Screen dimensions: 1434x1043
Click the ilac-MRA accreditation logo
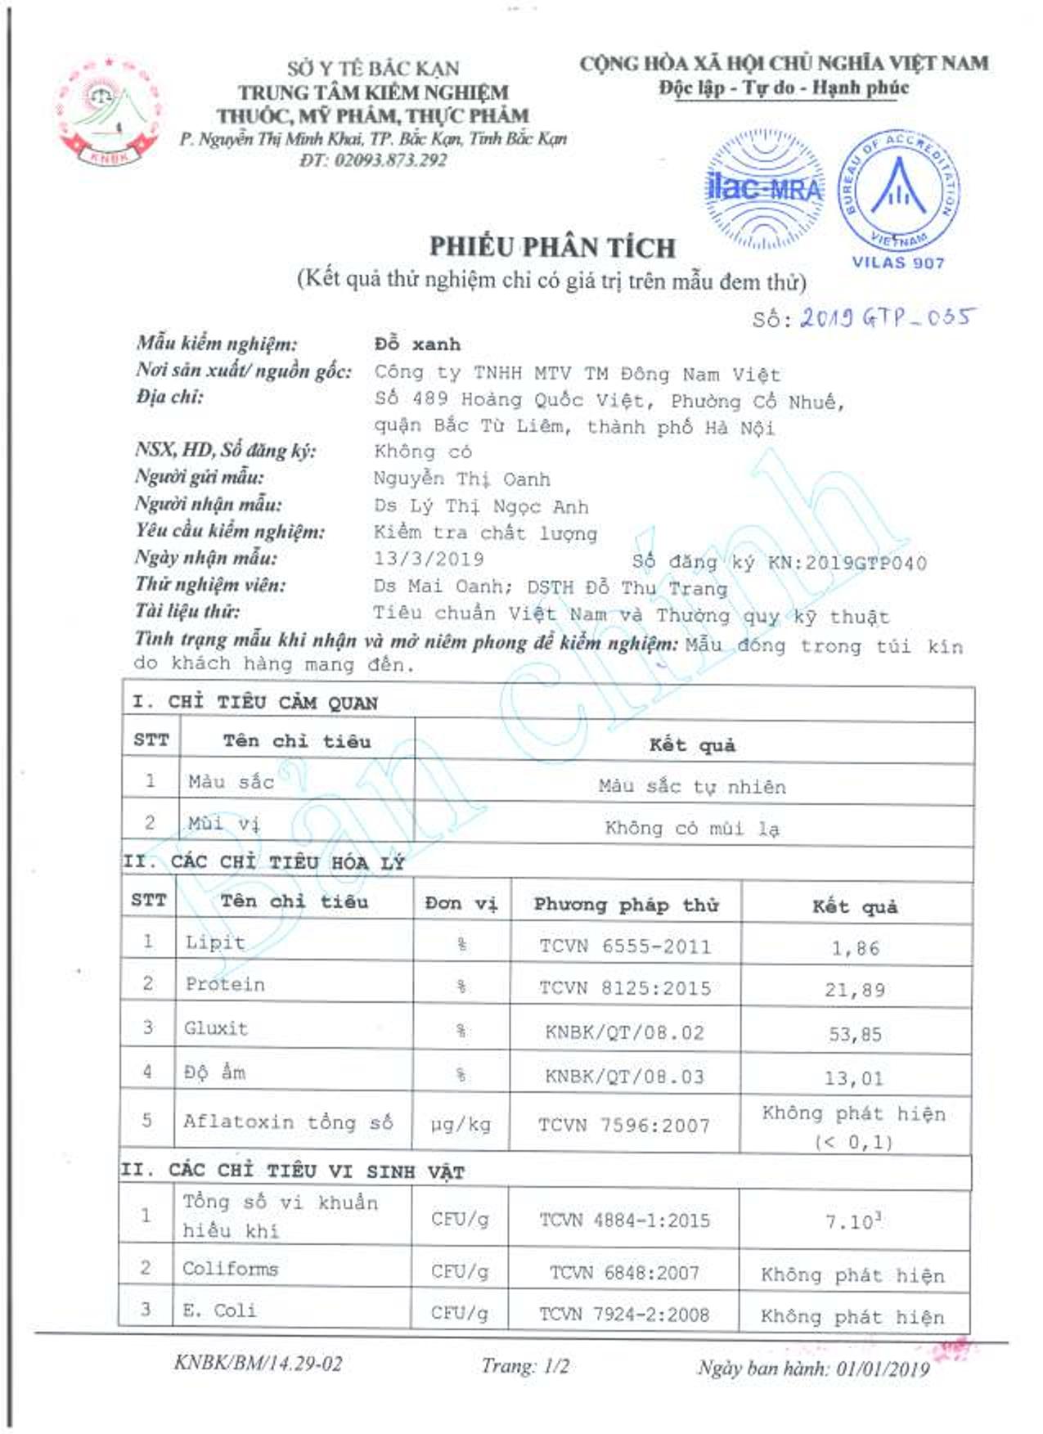[x=764, y=190]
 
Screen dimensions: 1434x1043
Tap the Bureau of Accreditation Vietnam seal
[x=898, y=190]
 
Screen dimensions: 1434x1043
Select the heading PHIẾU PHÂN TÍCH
[x=552, y=247]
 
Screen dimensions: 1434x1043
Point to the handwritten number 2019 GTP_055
[x=887, y=317]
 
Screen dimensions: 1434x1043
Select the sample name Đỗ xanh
[x=417, y=344]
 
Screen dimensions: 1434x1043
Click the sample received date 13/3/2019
[x=429, y=559]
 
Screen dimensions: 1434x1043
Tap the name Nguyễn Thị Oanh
[x=461, y=479]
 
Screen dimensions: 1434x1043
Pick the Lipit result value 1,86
[x=855, y=948]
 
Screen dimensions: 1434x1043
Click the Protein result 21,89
[x=855, y=990]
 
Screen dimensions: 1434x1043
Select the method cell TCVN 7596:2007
[x=623, y=1126]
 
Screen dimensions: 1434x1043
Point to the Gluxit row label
[x=215, y=1028]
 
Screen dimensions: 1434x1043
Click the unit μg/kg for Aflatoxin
[x=461, y=1125]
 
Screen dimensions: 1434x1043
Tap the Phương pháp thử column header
[x=626, y=904]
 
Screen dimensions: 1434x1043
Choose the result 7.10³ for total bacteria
[x=853, y=1221]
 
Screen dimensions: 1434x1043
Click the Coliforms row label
[x=230, y=1269]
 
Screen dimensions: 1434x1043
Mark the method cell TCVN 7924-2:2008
[x=623, y=1315]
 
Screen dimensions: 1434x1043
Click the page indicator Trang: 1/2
[x=524, y=1365]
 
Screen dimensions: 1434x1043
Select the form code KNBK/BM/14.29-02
[x=258, y=1363]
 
